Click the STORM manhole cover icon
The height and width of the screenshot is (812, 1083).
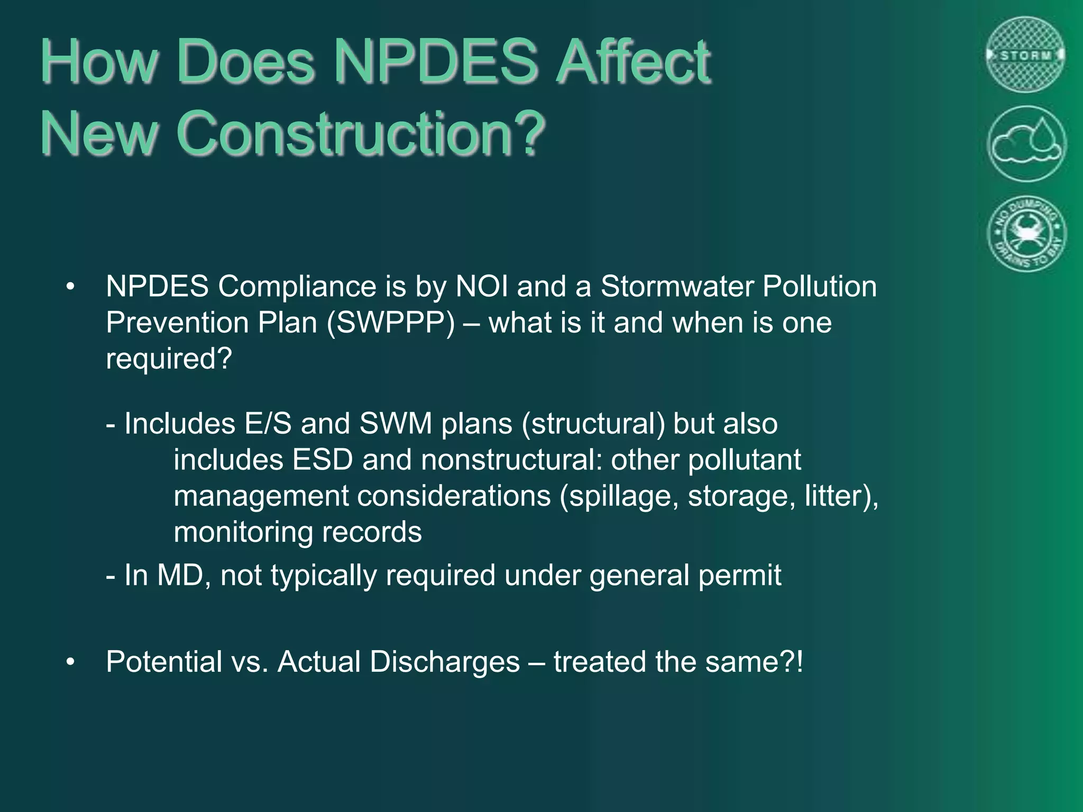click(x=1025, y=55)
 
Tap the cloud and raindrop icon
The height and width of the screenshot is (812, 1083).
click(x=1026, y=144)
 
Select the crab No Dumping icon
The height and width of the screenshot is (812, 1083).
click(x=1026, y=234)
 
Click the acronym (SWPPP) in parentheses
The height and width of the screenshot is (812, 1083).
click(x=391, y=322)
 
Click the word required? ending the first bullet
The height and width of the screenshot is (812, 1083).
click(x=169, y=359)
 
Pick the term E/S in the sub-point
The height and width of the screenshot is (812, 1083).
click(x=268, y=424)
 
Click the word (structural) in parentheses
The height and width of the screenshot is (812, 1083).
click(x=593, y=424)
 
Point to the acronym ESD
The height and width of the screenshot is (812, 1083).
click(x=322, y=460)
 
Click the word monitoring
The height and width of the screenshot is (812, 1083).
click(x=243, y=532)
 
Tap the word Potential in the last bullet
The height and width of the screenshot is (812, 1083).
click(x=164, y=662)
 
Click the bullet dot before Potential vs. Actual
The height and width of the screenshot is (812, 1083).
click(x=71, y=662)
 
